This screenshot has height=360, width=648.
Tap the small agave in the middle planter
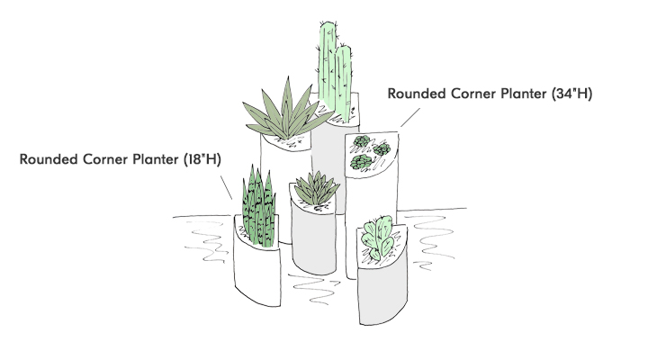(x=312, y=190)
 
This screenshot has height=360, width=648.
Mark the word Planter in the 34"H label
(x=522, y=93)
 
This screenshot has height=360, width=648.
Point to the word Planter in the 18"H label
(x=155, y=159)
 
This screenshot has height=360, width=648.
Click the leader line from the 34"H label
(x=410, y=114)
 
